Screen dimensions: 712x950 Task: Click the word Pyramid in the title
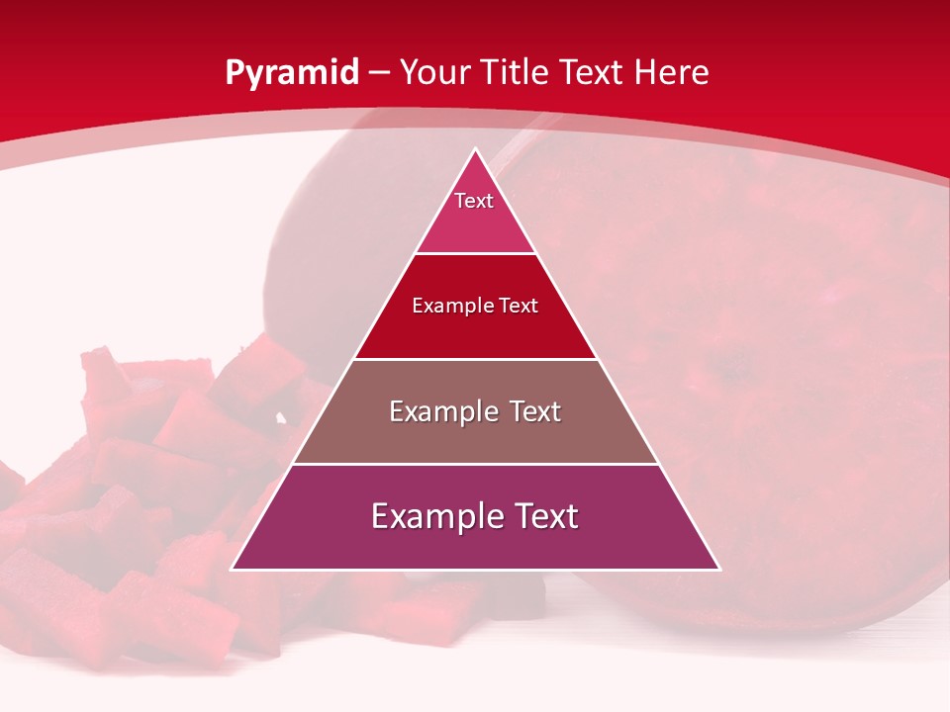(291, 73)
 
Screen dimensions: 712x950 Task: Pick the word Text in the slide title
(594, 72)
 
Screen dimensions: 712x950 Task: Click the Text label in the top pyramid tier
(474, 201)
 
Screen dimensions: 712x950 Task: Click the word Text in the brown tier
(535, 411)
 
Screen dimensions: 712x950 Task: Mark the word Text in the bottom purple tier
(544, 516)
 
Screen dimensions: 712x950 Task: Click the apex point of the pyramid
(476, 149)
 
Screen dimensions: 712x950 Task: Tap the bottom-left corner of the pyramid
(232, 570)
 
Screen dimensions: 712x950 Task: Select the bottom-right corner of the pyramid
(720, 570)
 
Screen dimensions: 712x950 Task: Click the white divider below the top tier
(476, 254)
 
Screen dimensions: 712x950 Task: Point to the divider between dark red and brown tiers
(476, 359)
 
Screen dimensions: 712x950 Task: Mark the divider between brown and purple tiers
(476, 464)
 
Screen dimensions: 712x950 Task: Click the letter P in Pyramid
(234, 72)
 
